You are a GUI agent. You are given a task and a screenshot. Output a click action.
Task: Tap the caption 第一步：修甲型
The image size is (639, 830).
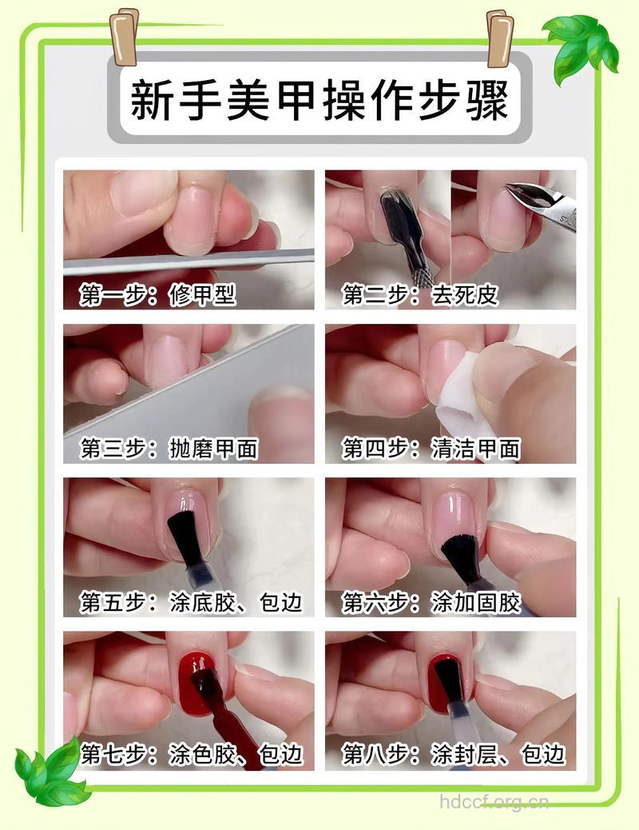[157, 295]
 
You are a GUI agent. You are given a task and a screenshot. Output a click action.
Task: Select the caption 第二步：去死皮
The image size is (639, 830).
[420, 295]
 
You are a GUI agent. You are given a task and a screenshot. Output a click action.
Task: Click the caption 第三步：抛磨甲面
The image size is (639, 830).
[169, 449]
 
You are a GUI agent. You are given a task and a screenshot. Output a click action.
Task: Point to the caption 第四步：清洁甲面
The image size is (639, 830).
[431, 449]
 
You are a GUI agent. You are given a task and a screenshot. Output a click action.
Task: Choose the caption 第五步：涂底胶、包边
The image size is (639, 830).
[191, 602]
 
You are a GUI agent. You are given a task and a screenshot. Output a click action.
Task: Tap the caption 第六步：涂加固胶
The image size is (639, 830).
[431, 602]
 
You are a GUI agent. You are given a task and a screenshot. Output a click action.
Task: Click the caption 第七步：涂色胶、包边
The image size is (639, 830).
[191, 754]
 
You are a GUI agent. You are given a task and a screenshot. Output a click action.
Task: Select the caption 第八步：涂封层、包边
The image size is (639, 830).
[454, 754]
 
